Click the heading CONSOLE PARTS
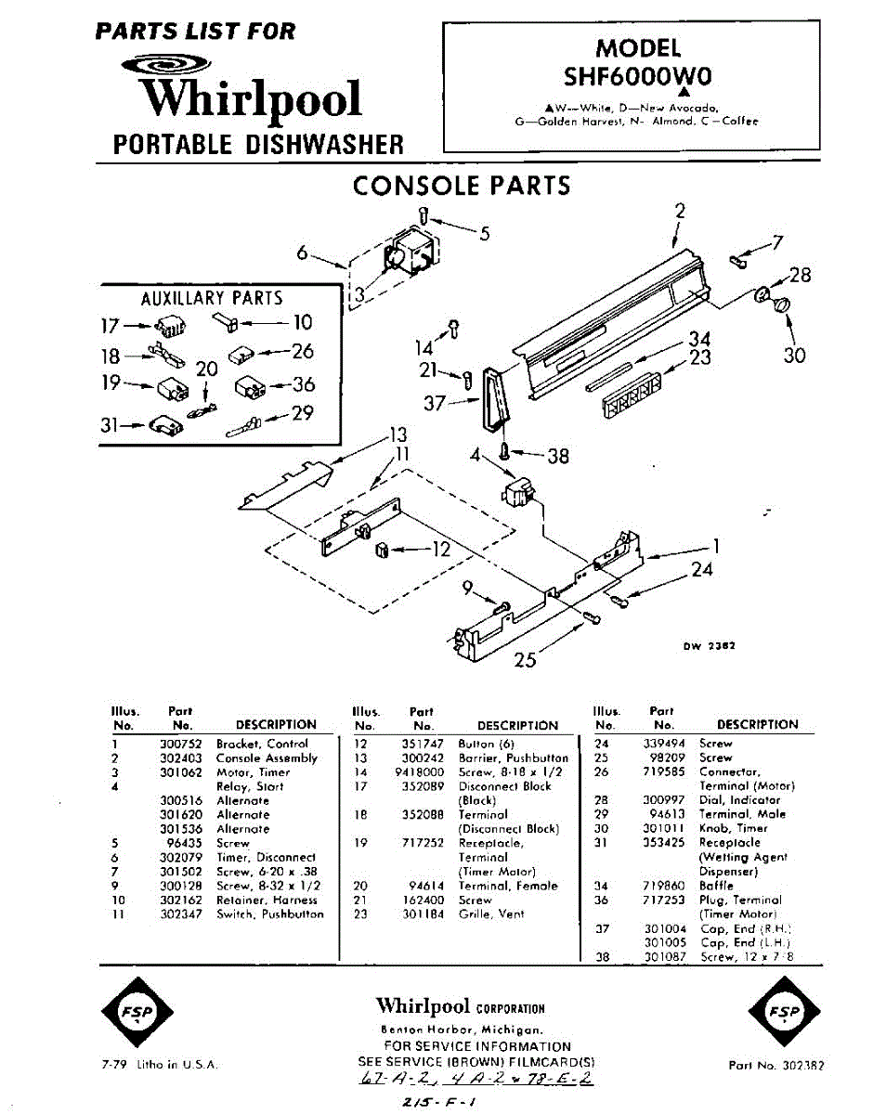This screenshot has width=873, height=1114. click(x=461, y=186)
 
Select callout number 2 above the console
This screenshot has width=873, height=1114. click(x=679, y=211)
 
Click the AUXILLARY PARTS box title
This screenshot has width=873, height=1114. click(x=211, y=299)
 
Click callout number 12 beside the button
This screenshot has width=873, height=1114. click(x=441, y=549)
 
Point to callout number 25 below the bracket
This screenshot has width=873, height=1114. click(x=526, y=660)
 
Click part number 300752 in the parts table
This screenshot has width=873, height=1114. click(x=182, y=744)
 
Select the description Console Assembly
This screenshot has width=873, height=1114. click(x=267, y=758)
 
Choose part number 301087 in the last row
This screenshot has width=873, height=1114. click(x=665, y=956)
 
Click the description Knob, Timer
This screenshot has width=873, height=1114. click(x=734, y=828)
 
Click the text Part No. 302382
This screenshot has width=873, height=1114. click(x=776, y=1065)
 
